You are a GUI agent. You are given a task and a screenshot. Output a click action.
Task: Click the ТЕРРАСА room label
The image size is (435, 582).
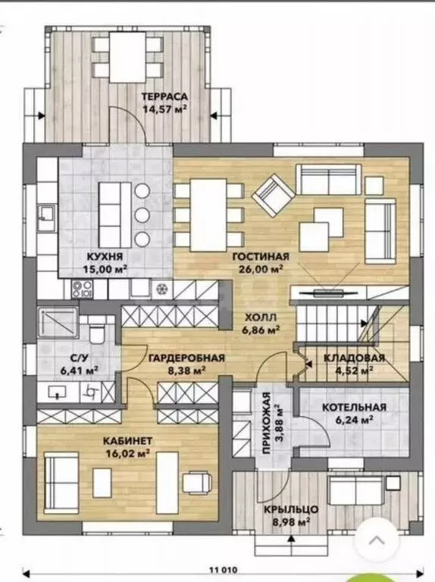pos(164,96)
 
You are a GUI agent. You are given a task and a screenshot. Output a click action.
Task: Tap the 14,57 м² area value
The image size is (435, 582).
pos(164,109)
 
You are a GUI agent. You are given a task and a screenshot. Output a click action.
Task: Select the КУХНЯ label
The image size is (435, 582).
pos(105,257)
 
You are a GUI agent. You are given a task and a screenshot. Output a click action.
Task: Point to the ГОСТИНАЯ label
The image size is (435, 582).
pos(261,257)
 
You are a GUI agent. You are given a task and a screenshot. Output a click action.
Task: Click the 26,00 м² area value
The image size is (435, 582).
pos(261,269)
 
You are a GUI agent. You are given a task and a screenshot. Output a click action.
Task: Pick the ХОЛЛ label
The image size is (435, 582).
pos(261,318)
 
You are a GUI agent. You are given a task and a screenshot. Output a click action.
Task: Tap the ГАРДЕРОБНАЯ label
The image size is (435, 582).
pos(186,358)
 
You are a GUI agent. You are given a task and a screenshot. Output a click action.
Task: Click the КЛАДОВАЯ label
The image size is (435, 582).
pos(354,358)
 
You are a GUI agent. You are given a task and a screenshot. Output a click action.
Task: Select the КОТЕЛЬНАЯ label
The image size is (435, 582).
pos(354,407)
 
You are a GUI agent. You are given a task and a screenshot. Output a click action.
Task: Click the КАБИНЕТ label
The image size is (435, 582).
pos(127,440)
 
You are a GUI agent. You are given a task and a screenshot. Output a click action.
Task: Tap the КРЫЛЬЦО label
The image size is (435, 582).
pos(291,509)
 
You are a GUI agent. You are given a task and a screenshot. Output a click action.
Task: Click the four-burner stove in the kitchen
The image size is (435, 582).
pos(82,289)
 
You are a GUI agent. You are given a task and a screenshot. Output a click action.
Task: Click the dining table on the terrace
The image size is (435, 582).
pos(127,57)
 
